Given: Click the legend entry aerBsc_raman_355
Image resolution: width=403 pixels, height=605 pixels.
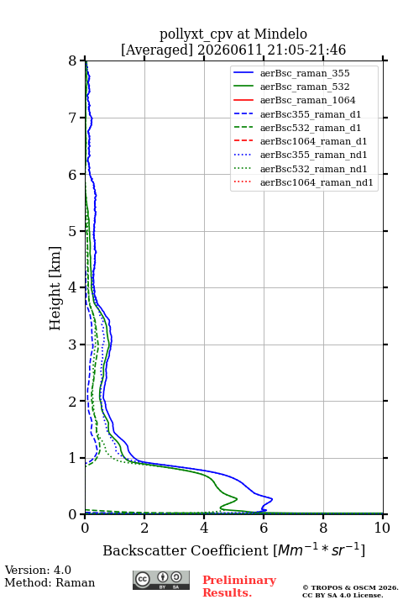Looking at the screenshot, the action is (x=305, y=73).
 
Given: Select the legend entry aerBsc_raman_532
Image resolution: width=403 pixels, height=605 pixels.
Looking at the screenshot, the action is (x=305, y=87).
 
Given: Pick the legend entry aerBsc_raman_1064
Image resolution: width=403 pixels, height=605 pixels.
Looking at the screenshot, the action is (x=308, y=100).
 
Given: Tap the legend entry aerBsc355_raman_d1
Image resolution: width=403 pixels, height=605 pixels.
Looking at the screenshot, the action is (x=311, y=114).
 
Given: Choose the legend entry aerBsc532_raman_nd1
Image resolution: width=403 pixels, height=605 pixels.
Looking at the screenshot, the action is (x=313, y=169).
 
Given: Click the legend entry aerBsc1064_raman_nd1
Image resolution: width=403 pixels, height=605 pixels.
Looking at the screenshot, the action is (x=317, y=182).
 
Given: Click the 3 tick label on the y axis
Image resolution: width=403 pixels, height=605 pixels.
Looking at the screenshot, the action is (x=72, y=345).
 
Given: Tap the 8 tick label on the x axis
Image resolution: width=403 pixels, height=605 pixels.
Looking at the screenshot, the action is (x=323, y=528).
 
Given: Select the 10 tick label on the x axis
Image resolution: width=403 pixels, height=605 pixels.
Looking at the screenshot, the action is (x=382, y=528).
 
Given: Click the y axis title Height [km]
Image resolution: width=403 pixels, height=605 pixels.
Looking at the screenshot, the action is (x=55, y=288).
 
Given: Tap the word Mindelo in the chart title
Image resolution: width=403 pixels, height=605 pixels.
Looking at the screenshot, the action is (x=280, y=34).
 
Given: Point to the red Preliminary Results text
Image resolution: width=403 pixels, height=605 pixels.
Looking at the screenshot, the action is (x=239, y=586).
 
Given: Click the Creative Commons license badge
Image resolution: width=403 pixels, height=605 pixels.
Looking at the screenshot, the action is (x=161, y=580).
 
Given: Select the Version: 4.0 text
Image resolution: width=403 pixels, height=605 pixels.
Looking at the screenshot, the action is (x=38, y=570).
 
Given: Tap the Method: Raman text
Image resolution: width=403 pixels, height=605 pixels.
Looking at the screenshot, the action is (x=50, y=582).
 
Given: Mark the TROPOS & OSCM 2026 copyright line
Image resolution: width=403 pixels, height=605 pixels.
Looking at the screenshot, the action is (x=350, y=587).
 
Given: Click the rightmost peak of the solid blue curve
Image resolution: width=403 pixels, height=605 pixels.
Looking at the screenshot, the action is (x=272, y=499).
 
